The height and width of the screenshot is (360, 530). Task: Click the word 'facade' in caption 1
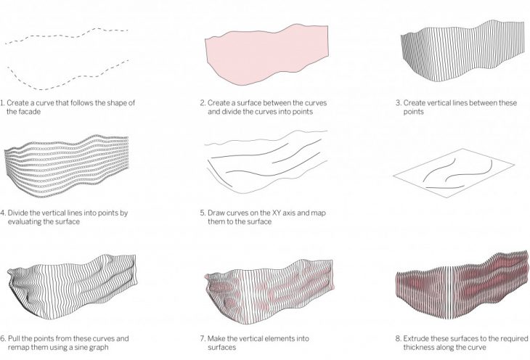coord(29,112)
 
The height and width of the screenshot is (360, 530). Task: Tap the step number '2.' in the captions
coord(203,103)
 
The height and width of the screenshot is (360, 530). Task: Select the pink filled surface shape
coord(266,54)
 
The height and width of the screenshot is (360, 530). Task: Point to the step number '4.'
coord(3,213)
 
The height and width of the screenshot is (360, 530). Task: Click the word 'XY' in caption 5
coord(277,213)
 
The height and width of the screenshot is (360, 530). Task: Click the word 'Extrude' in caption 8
coord(415,338)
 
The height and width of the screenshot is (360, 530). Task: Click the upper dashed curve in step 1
coord(67,35)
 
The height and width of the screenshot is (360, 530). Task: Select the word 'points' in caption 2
coord(303,112)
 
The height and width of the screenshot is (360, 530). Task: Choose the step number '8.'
coord(398,338)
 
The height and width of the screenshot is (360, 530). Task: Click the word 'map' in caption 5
coord(319,213)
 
